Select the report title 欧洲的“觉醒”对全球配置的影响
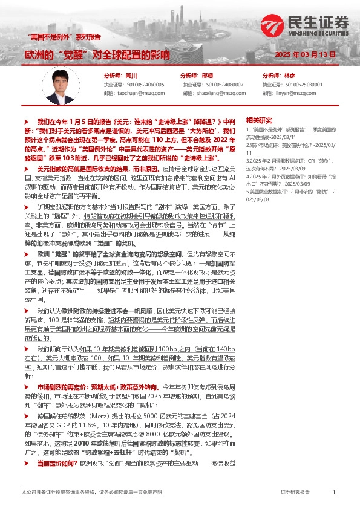pyautogui.click(x=97, y=54)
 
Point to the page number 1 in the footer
pyautogui.click(x=334, y=493)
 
